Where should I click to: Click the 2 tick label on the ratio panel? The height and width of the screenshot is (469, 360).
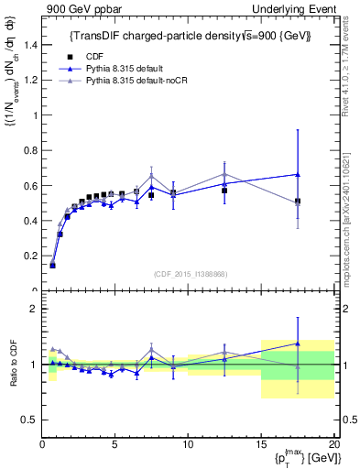[33, 310]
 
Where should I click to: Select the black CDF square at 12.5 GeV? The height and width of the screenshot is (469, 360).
[224, 191]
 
